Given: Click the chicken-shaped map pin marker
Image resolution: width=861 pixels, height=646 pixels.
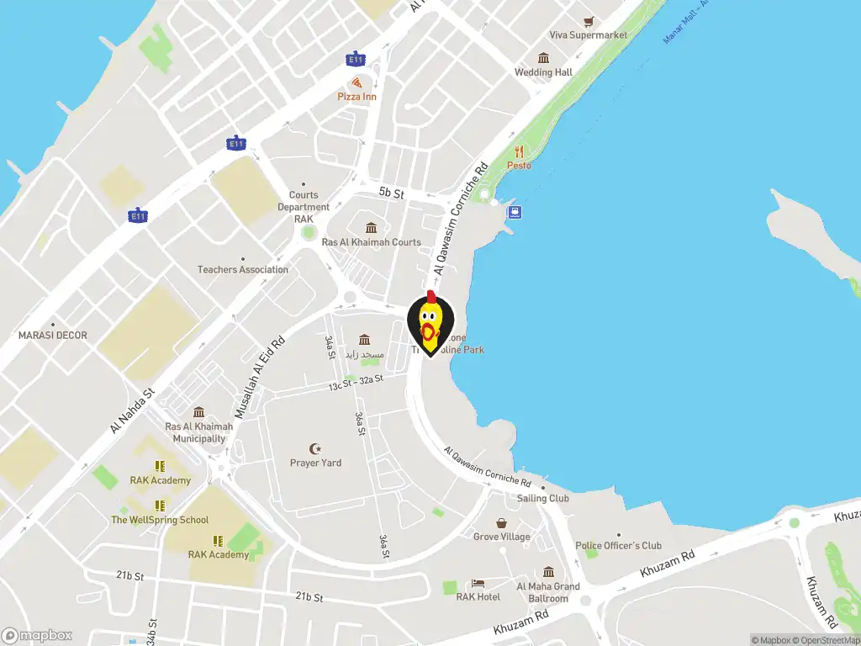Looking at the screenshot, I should (430, 325).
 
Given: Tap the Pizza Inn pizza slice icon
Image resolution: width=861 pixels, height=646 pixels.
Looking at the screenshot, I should (357, 82).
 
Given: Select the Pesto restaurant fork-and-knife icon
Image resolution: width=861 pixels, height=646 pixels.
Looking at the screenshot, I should (519, 152).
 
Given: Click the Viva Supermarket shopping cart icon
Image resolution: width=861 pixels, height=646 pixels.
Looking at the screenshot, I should (589, 21).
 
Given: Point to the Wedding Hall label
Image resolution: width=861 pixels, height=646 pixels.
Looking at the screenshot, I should (543, 72).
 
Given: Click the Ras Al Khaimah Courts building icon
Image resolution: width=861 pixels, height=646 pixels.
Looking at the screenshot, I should (371, 228).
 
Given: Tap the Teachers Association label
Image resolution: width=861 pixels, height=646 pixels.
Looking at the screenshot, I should (242, 270).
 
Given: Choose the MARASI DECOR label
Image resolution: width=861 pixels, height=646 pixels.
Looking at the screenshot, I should (52, 336).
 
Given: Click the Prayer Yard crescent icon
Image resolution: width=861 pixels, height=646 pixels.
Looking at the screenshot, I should (315, 448).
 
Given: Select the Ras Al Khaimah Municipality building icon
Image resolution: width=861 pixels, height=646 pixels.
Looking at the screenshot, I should (198, 412).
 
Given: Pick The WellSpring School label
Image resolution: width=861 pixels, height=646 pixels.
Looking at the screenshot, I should (160, 520).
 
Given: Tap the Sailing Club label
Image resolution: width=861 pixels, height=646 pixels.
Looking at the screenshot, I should (542, 498).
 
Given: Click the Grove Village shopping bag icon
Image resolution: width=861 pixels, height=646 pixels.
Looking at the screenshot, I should (502, 522).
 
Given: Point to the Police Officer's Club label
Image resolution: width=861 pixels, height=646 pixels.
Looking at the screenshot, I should (618, 546).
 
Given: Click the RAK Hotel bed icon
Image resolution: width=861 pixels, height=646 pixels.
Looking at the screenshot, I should (478, 583).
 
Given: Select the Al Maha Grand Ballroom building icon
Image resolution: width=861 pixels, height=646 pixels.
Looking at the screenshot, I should (548, 572).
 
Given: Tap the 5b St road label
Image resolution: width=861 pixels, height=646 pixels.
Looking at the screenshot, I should (391, 193).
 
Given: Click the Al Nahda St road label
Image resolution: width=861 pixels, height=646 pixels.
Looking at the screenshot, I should (132, 410).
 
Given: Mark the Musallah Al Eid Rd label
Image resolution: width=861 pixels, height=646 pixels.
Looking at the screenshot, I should (260, 379).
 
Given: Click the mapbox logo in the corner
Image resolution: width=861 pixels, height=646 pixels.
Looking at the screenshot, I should (37, 636).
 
